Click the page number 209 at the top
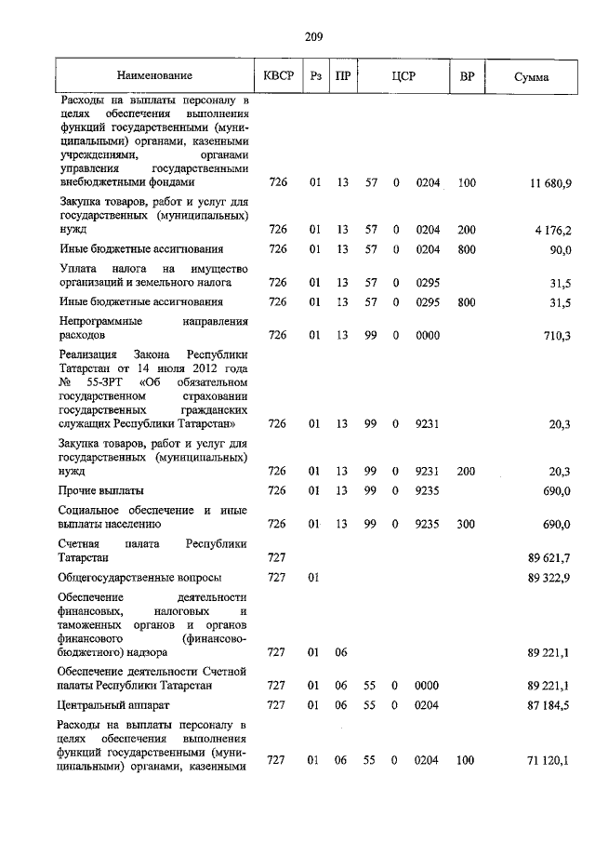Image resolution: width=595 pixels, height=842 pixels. tap(313, 37)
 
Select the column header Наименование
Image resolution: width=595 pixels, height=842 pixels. tap(154, 75)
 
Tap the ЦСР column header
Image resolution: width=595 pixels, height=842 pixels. tap(403, 75)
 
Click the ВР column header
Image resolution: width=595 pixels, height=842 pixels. tap(467, 75)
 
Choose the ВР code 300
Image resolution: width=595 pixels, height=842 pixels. tap(467, 525)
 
